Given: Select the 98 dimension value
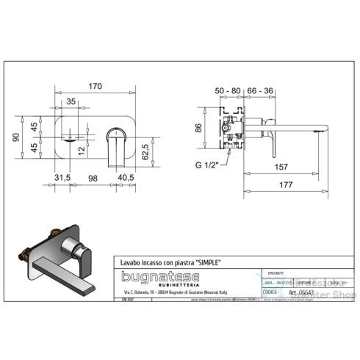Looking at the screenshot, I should point(93,178).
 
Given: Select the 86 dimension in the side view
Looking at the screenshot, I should point(197,129).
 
